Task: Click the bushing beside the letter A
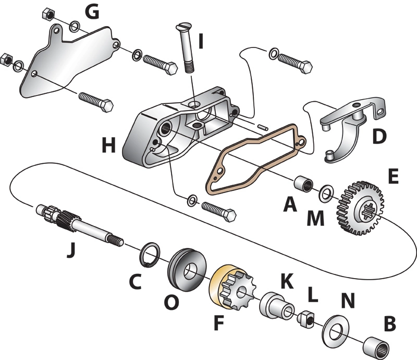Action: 303,186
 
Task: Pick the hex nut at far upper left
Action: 45,13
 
